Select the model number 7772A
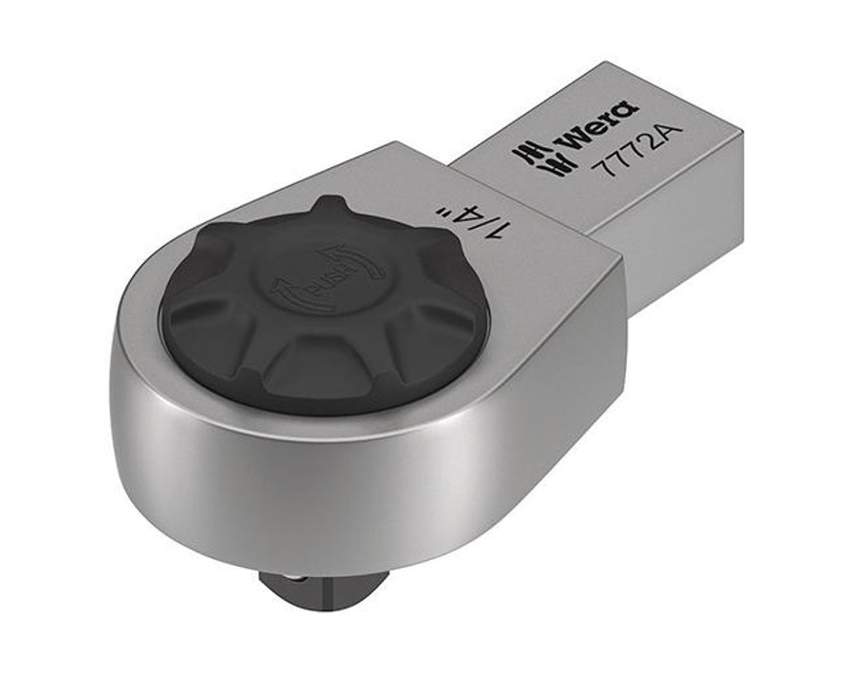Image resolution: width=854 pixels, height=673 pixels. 636,159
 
